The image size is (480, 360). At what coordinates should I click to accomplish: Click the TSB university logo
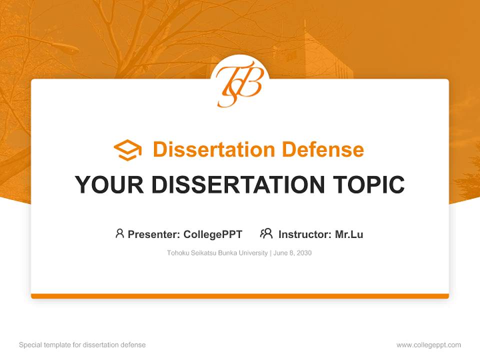(239, 83)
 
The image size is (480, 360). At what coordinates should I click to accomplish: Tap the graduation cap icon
(127, 150)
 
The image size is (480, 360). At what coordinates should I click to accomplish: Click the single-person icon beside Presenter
(119, 233)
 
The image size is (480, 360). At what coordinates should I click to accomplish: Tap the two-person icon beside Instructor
(266, 233)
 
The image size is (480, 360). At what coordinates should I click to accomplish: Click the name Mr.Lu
(349, 234)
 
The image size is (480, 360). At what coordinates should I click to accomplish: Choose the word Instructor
(304, 234)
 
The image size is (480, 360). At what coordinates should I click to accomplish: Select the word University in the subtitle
(253, 253)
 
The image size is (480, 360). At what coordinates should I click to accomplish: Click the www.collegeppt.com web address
(428, 345)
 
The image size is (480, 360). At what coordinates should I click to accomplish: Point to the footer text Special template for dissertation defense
(82, 345)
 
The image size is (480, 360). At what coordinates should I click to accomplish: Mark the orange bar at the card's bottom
(240, 296)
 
